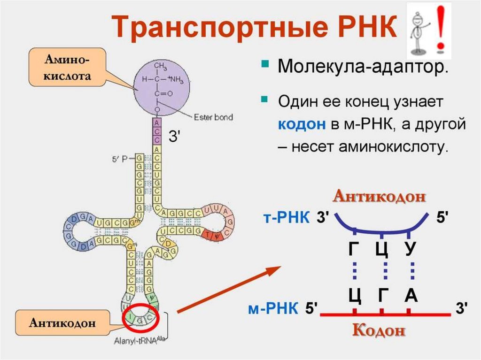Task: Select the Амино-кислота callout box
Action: pyautogui.click(x=67, y=67)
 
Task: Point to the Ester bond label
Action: pyautogui.click(x=213, y=117)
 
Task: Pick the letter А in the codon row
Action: pyautogui.click(x=411, y=296)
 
